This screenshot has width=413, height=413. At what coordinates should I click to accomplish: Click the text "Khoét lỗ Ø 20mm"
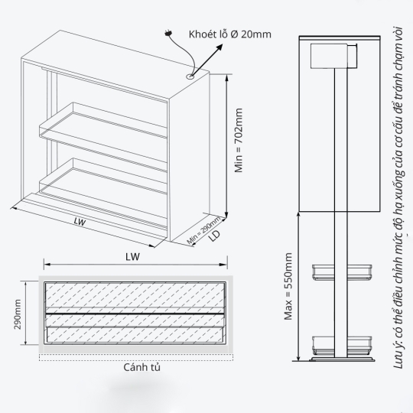click(230, 34)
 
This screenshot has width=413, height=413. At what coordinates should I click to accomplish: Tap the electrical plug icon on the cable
click(168, 34)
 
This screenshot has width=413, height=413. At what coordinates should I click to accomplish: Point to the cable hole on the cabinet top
click(190, 76)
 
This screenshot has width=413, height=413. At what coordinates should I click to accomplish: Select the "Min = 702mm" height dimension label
click(239, 140)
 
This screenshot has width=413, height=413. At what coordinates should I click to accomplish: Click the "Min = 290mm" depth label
click(203, 230)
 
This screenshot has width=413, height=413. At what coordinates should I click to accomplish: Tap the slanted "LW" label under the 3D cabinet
click(80, 222)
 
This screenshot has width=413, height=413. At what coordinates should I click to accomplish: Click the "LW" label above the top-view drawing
click(132, 257)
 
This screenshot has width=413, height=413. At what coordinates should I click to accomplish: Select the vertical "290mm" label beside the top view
click(18, 314)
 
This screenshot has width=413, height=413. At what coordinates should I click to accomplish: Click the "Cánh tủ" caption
click(141, 367)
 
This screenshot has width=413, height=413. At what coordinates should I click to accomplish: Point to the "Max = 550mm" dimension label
click(288, 286)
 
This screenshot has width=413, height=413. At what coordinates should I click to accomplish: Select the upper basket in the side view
click(342, 272)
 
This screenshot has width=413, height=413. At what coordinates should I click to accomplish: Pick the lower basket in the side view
click(342, 345)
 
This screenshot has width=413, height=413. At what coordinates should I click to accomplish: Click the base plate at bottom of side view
click(342, 359)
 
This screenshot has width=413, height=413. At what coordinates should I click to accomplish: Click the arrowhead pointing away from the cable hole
click(220, 47)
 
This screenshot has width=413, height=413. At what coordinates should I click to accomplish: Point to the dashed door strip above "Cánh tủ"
click(136, 357)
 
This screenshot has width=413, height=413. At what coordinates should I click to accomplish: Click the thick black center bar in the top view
click(135, 314)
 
